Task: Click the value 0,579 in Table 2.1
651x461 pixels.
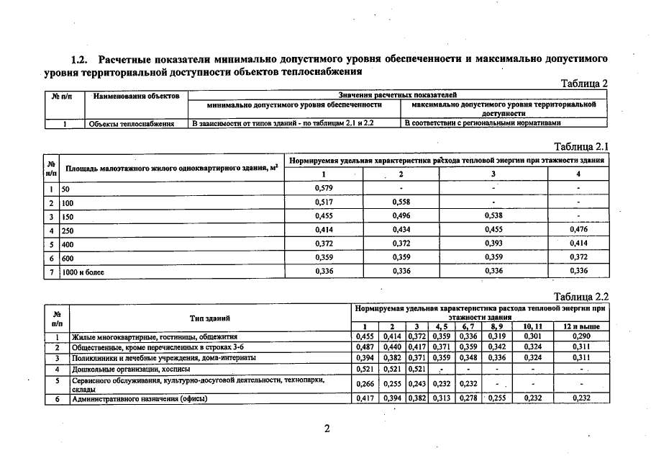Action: [x=324, y=189]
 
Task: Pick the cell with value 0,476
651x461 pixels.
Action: [x=578, y=230]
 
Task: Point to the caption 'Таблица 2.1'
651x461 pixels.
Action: [x=583, y=146]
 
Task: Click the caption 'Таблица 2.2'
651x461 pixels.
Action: [x=583, y=296]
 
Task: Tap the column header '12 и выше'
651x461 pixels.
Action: [x=582, y=327]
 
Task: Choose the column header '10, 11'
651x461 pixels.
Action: [x=533, y=327]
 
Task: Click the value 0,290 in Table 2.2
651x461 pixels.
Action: [x=582, y=336]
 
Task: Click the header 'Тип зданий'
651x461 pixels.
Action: [x=210, y=317]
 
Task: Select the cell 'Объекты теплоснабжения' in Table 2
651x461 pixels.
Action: [x=132, y=124]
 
